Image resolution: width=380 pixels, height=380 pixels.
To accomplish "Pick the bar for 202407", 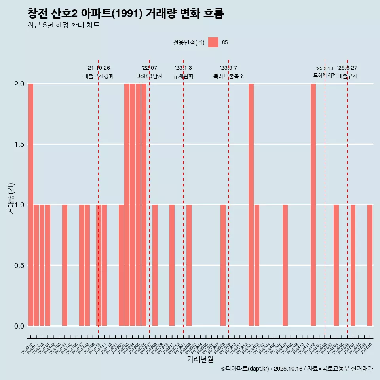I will (285, 265).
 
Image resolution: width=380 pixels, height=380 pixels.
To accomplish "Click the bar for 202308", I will (223, 265).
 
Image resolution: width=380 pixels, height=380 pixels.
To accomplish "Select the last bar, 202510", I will (370, 265).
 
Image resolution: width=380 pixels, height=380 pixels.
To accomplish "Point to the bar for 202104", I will (65, 265).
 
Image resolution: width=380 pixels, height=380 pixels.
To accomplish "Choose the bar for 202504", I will (336, 265).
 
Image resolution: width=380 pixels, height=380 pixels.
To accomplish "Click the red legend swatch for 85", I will (213, 42).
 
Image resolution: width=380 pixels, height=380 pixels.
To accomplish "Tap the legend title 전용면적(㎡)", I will (189, 42).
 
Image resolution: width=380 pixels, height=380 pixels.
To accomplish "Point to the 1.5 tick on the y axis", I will (19, 144).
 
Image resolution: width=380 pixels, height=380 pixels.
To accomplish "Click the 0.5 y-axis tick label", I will (19, 265).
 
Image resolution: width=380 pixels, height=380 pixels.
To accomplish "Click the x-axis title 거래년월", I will (200, 359).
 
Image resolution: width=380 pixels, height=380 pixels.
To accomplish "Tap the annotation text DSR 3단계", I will (149, 76).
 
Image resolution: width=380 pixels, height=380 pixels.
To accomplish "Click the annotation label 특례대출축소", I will (228, 76).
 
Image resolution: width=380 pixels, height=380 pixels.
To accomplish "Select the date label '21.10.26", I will (98, 68).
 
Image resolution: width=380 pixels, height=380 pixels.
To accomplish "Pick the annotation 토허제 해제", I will (325, 75).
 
